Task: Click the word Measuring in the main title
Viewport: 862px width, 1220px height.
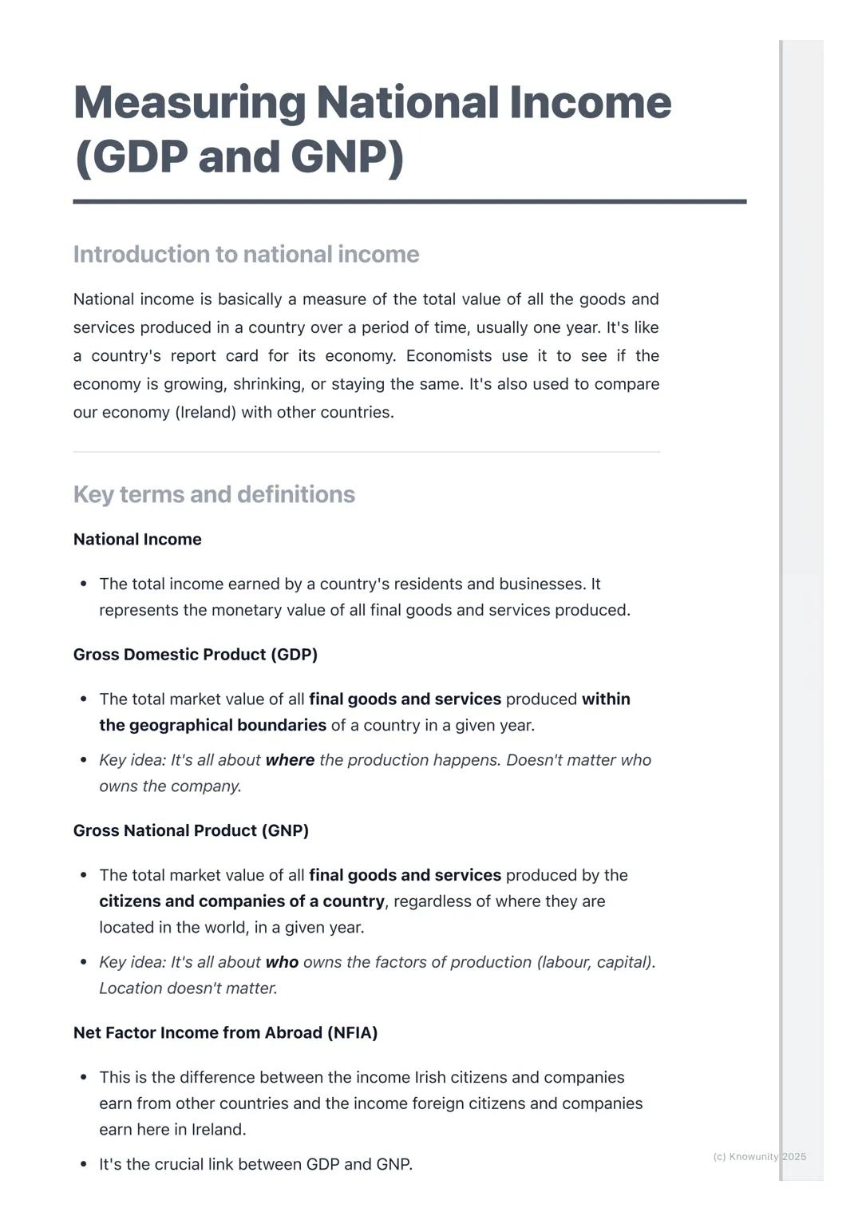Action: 189,103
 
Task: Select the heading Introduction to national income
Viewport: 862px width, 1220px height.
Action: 246,254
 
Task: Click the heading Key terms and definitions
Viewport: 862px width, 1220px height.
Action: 214,494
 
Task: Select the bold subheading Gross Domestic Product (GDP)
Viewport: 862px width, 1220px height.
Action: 196,655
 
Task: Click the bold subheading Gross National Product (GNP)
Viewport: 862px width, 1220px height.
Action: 191,830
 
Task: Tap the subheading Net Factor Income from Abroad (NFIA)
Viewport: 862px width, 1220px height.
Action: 225,1032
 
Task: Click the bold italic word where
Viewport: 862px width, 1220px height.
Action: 290,760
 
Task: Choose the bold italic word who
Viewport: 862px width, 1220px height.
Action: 282,962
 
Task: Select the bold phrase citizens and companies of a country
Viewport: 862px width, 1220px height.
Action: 242,901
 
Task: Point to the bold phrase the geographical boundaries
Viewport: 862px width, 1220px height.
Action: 212,725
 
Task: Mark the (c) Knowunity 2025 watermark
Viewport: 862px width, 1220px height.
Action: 759,1156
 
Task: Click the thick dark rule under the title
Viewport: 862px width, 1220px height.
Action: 409,202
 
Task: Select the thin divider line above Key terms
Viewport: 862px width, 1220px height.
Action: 366,452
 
